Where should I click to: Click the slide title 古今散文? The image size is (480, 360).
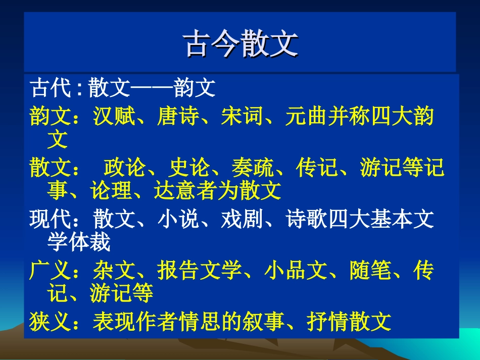(x=239, y=43)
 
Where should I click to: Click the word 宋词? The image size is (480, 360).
(x=242, y=117)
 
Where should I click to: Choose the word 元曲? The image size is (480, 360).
(x=306, y=117)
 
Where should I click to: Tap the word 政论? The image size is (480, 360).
(x=125, y=168)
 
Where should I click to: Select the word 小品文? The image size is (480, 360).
(x=296, y=272)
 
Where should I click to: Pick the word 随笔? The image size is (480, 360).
(x=370, y=272)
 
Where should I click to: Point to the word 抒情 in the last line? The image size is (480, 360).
(x=328, y=322)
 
